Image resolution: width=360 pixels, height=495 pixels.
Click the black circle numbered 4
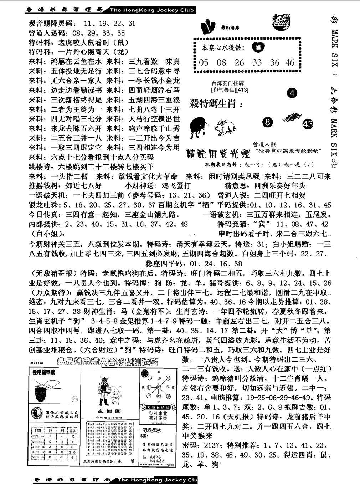292,93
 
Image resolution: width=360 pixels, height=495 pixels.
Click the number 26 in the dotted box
239,63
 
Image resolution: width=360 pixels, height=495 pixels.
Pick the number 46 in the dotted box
290,63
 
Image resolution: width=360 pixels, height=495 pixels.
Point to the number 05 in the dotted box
204,63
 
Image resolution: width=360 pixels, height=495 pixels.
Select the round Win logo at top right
284,21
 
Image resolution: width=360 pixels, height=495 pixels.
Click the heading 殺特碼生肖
216,104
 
